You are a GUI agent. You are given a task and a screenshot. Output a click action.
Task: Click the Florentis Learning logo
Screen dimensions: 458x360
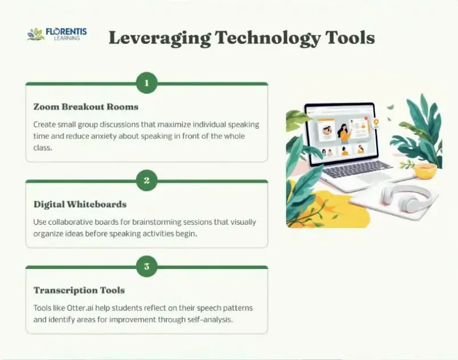57,34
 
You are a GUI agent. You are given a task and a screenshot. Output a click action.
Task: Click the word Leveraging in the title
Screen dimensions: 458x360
159,38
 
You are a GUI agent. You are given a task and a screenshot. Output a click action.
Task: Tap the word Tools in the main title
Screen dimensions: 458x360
350,38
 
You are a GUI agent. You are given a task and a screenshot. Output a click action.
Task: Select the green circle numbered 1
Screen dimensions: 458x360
147,83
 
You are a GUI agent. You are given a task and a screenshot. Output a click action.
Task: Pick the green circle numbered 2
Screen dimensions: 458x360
147,180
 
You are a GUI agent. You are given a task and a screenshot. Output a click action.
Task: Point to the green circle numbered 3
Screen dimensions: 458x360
147,266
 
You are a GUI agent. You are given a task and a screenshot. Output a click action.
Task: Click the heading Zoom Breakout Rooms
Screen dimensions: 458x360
86,106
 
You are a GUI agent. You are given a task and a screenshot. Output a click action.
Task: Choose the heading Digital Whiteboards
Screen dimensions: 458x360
80,204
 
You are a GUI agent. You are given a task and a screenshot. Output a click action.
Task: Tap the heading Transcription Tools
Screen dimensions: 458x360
79,290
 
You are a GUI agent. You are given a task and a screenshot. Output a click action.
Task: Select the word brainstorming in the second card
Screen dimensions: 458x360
154,222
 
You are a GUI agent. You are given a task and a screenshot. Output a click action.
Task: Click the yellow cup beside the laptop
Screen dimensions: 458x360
426,171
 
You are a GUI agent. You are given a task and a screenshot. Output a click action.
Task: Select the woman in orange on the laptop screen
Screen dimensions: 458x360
345,134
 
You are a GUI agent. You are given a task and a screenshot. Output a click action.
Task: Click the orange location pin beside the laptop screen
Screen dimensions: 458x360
376,123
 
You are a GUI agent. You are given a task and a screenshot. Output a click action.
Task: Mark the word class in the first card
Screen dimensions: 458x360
43,148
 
